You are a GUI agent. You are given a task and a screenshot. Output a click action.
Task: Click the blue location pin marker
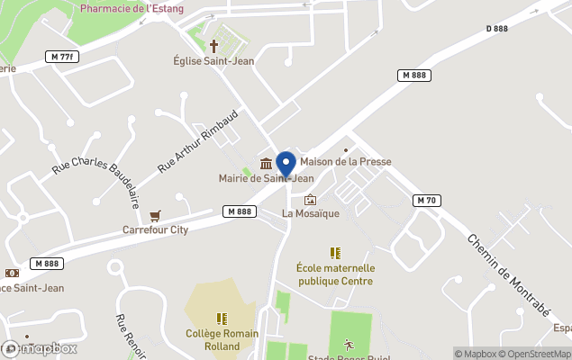(x=286, y=165)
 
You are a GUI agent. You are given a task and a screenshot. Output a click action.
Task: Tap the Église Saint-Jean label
(x=213, y=61)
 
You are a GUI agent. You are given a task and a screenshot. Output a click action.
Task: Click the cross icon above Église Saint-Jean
(x=214, y=45)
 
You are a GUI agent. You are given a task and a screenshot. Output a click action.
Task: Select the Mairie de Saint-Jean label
(x=266, y=178)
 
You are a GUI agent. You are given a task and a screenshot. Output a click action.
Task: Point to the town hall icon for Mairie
(x=267, y=163)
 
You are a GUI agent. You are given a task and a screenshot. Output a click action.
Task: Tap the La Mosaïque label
(x=310, y=213)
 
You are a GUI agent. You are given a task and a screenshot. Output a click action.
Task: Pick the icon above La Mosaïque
(x=311, y=199)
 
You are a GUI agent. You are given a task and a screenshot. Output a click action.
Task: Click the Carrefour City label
(x=155, y=229)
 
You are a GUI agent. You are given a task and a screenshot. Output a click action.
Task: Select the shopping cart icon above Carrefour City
(x=156, y=215)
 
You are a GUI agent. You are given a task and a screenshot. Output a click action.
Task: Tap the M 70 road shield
(x=426, y=200)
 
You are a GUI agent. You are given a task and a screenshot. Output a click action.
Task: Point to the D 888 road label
(x=498, y=29)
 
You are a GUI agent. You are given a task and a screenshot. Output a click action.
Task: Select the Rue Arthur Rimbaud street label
(x=197, y=141)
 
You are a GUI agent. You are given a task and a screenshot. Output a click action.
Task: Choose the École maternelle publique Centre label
(x=335, y=274)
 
